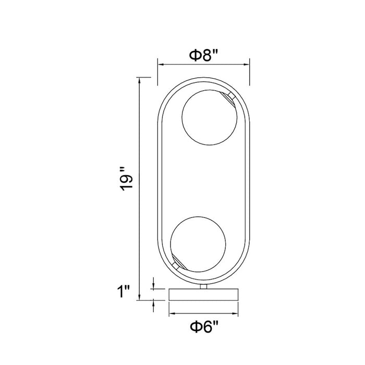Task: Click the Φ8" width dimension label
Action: point(203,55)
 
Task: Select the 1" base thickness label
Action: point(124,291)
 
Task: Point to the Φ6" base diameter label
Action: point(204,326)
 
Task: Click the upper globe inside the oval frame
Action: point(209,117)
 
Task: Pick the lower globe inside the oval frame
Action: point(198,244)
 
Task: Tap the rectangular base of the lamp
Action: point(203,295)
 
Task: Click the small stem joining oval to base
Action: point(203,287)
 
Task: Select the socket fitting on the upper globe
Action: point(229,98)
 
